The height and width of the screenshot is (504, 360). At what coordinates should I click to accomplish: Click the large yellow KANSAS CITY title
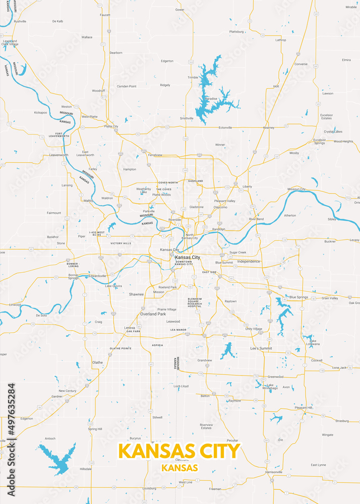click(179, 450)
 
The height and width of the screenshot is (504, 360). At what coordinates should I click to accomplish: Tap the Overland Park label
click(153, 314)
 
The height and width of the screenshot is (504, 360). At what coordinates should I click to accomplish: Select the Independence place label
click(249, 262)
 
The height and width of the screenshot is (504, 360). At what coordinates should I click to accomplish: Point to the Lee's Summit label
click(261, 348)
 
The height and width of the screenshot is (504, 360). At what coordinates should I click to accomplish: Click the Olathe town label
click(97, 362)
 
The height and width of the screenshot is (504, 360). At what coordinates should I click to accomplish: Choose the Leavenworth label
click(58, 155)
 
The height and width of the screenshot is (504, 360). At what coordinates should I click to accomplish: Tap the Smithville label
click(187, 118)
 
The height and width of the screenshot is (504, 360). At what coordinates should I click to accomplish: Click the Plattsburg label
click(236, 31)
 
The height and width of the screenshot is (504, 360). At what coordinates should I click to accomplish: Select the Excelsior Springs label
click(320, 142)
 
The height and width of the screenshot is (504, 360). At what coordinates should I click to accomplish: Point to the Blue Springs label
click(298, 297)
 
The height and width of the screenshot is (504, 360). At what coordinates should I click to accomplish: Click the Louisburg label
click(149, 488)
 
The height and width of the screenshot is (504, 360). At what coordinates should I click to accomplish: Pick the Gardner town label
click(57, 397)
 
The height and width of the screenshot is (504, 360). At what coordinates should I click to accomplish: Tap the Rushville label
click(20, 22)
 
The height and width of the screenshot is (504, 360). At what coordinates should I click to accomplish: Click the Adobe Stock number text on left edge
click(11, 411)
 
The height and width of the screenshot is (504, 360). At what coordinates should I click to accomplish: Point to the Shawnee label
click(136, 294)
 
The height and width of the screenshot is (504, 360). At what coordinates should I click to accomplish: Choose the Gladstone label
click(197, 207)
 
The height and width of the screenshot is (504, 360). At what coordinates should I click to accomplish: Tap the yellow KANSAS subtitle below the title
click(179, 468)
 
